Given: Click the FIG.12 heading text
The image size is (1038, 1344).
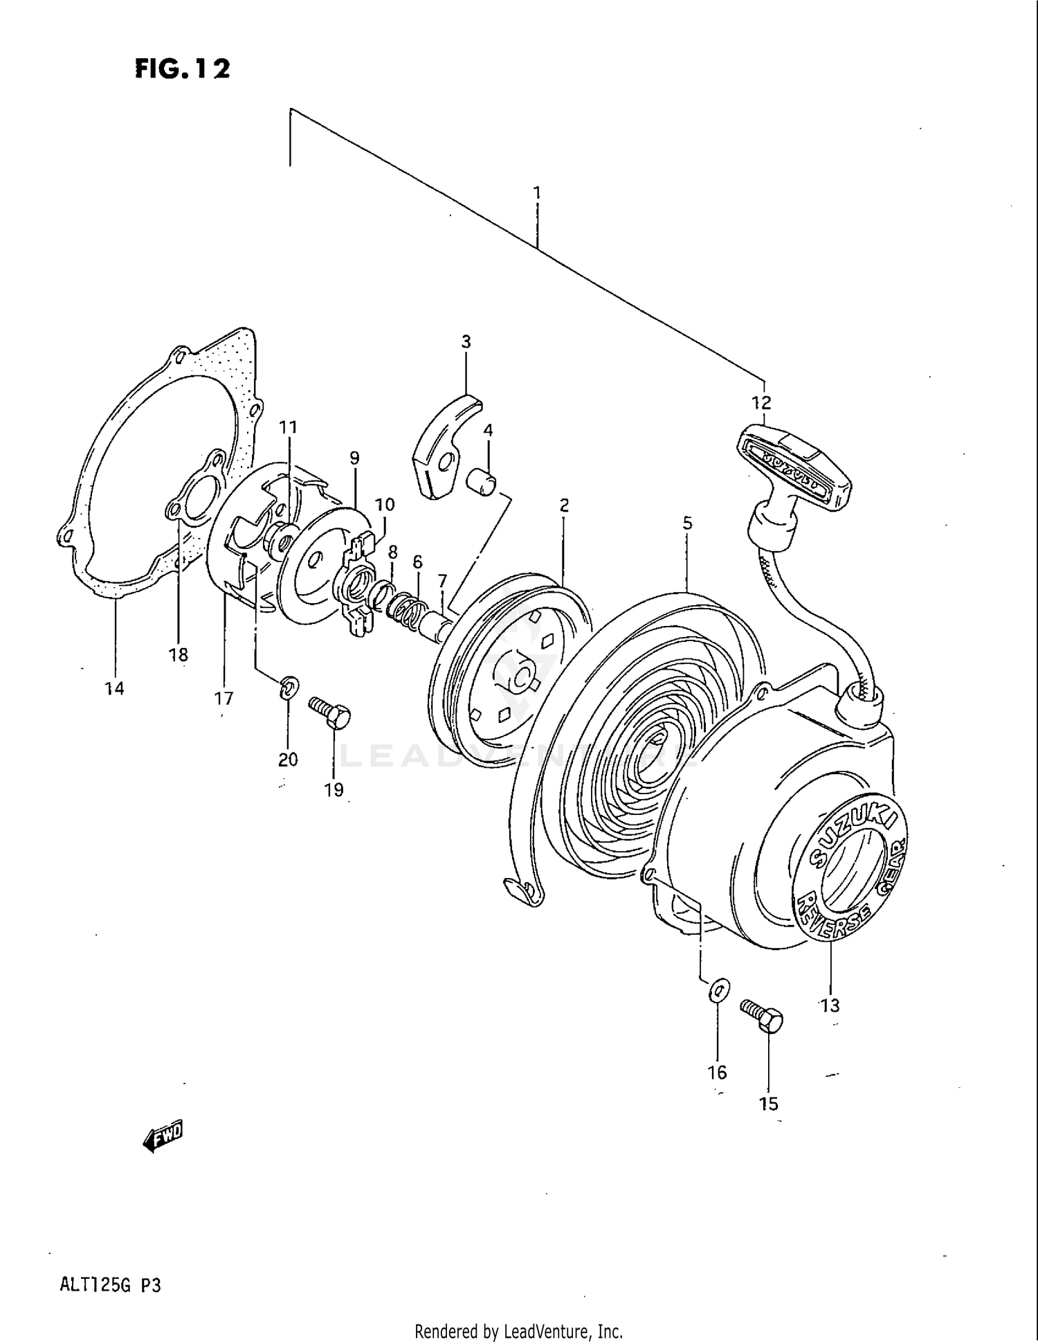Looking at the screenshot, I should (182, 69).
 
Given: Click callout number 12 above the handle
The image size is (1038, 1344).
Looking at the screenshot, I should (761, 402).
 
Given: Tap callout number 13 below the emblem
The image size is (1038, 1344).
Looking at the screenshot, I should (830, 1005).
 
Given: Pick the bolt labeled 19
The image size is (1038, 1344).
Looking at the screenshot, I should (331, 713).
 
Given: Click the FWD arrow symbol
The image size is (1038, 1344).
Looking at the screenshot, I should (163, 1136).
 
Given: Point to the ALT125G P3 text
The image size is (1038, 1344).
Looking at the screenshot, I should (110, 1286).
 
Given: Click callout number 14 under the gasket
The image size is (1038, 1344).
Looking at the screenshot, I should (114, 688).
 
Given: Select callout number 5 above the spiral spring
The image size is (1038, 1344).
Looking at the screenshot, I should (686, 523).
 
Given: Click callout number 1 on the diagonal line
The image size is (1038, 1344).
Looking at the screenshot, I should (536, 192).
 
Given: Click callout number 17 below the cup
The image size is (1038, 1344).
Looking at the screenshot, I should (224, 699).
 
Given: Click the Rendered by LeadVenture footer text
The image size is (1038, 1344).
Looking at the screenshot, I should (518, 1332).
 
